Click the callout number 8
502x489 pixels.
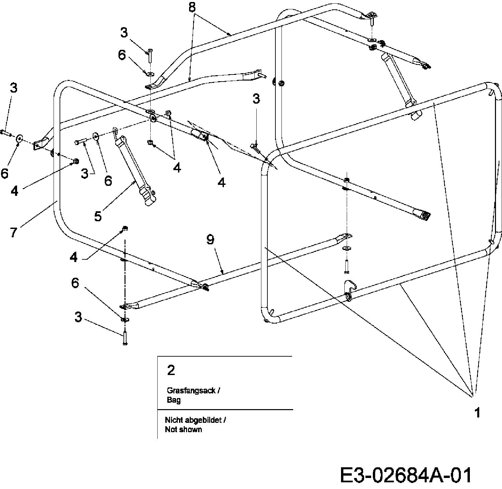coord(192,7)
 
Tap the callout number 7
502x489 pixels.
coord(13,232)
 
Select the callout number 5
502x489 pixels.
coord(98,216)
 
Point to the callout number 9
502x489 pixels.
coord(210,239)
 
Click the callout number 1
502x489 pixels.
coord(477,412)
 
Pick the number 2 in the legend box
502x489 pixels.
coord(171,370)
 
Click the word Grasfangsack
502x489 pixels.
coord(191,390)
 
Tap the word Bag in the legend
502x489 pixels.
coord(173,400)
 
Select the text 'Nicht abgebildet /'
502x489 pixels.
coord(195,420)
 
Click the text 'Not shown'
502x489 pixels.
coord(183,429)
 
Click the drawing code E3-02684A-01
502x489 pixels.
coord(406,475)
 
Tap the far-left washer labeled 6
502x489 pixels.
coord(19,138)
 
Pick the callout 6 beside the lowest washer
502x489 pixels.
coord(75,283)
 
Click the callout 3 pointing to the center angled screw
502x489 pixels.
coord(256,99)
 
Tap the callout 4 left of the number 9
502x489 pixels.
coord(74,257)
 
